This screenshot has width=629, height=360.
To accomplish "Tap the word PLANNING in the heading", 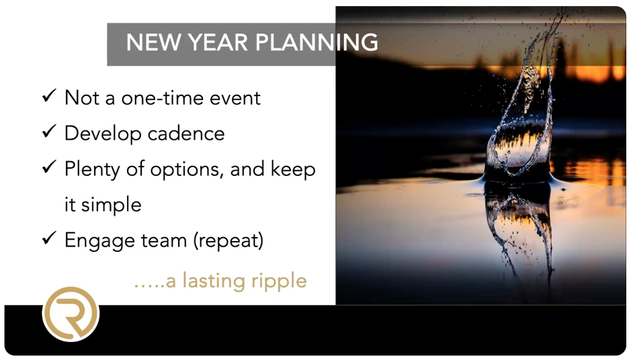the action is pyautogui.click(x=317, y=42).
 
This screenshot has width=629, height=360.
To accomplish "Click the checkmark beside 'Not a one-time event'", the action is pyautogui.click(x=49, y=96).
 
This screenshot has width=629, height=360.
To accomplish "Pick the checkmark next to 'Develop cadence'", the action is pyautogui.click(x=49, y=132).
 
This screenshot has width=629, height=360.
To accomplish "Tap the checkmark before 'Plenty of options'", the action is pyautogui.click(x=49, y=167).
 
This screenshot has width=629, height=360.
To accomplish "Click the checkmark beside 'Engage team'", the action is pyautogui.click(x=49, y=238).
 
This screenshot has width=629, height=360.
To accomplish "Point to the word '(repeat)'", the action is pyautogui.click(x=228, y=240).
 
